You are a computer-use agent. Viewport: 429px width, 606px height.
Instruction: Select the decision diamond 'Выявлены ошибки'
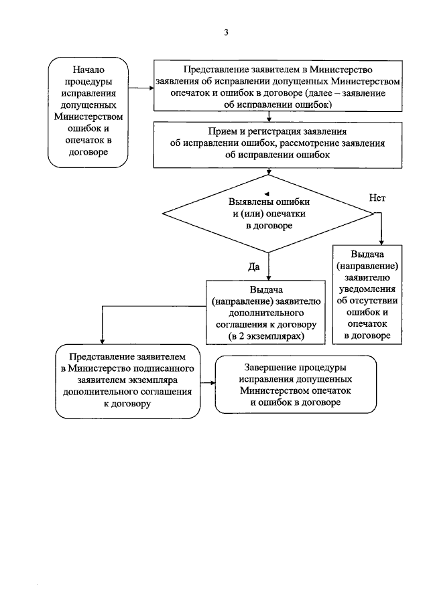pos(269,214)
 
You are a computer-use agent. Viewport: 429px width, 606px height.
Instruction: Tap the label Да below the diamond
pos(254,267)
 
